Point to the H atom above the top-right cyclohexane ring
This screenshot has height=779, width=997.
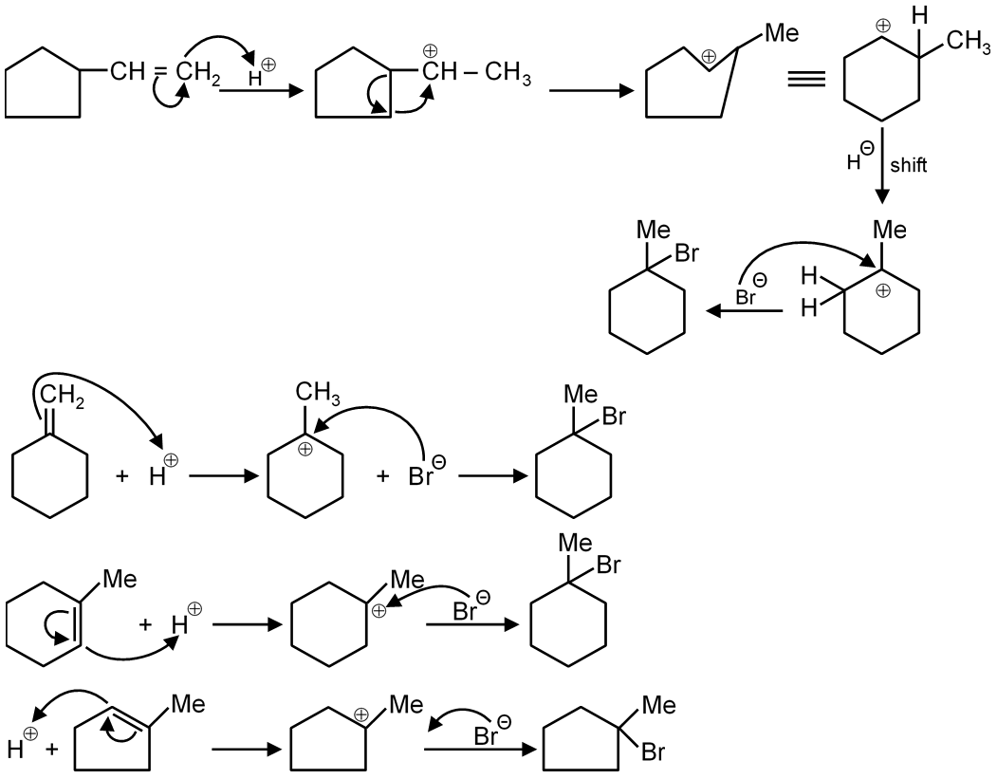pyautogui.click(x=917, y=15)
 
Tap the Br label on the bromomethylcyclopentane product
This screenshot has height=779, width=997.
pyautogui.click(x=652, y=753)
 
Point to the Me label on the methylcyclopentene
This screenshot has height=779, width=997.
pyautogui.click(x=188, y=705)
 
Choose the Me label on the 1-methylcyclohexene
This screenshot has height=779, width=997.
pyautogui.click(x=120, y=579)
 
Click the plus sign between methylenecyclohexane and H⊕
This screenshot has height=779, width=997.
pyautogui.click(x=122, y=475)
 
